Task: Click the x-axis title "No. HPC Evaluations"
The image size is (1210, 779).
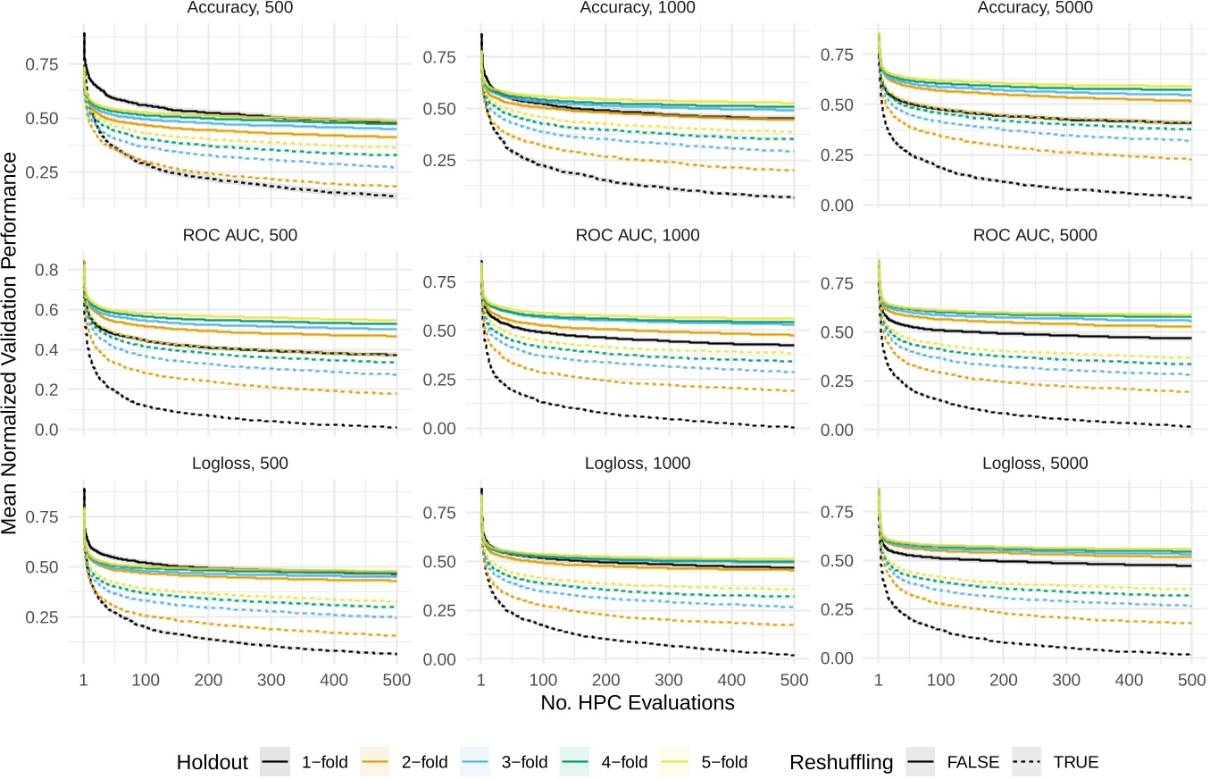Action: [637, 704]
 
